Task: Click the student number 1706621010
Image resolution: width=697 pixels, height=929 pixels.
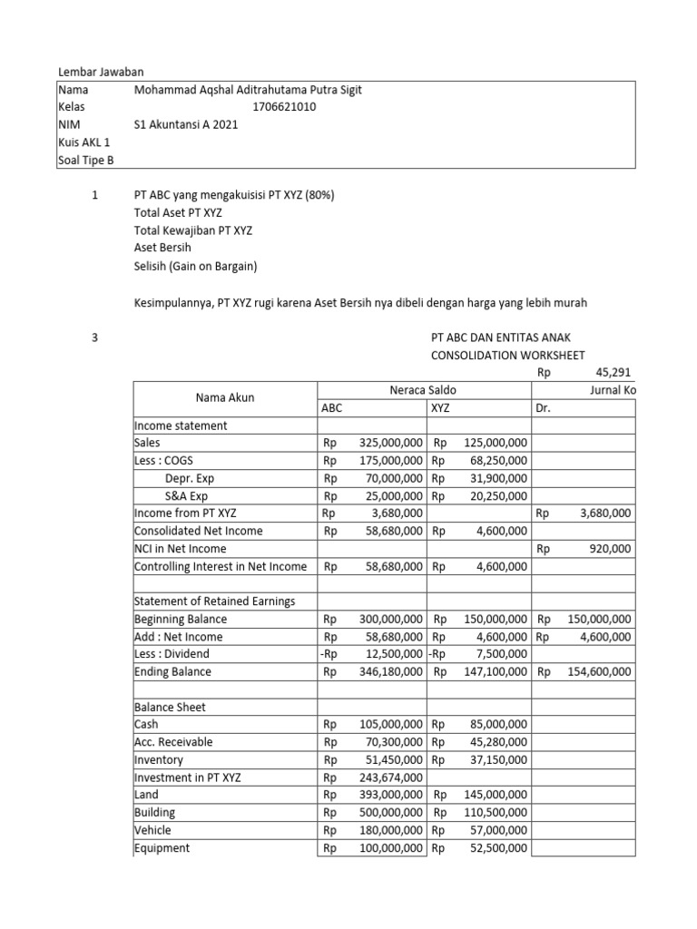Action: (284, 107)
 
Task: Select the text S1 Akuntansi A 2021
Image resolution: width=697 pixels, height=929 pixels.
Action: (185, 125)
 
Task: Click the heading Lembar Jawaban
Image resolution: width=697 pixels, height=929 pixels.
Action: (101, 72)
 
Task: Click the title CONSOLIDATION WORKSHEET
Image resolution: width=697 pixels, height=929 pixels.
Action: (507, 355)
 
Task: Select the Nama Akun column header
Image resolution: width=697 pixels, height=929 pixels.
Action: (224, 397)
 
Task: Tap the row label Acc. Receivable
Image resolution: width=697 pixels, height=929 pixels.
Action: (173, 742)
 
